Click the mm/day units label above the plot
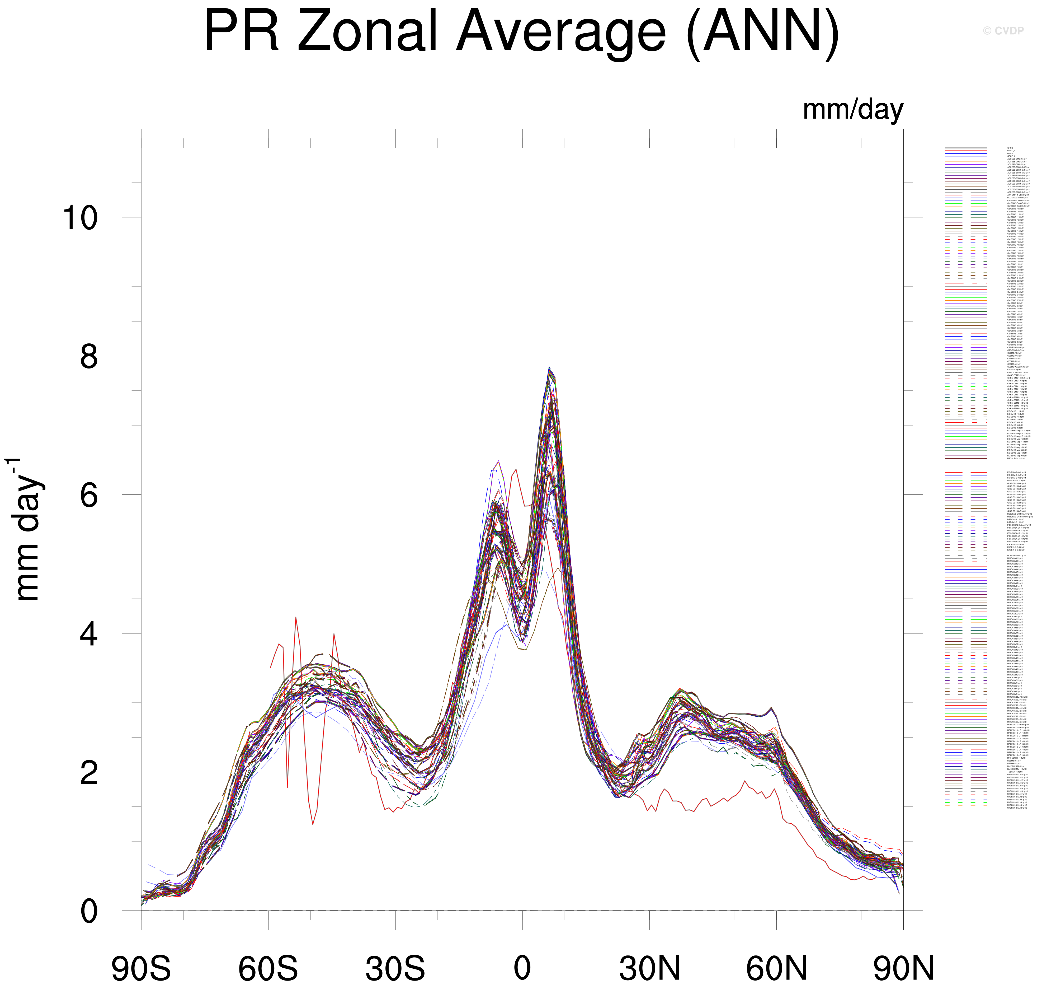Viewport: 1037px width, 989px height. (x=852, y=110)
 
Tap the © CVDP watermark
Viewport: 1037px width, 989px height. (x=1003, y=31)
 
